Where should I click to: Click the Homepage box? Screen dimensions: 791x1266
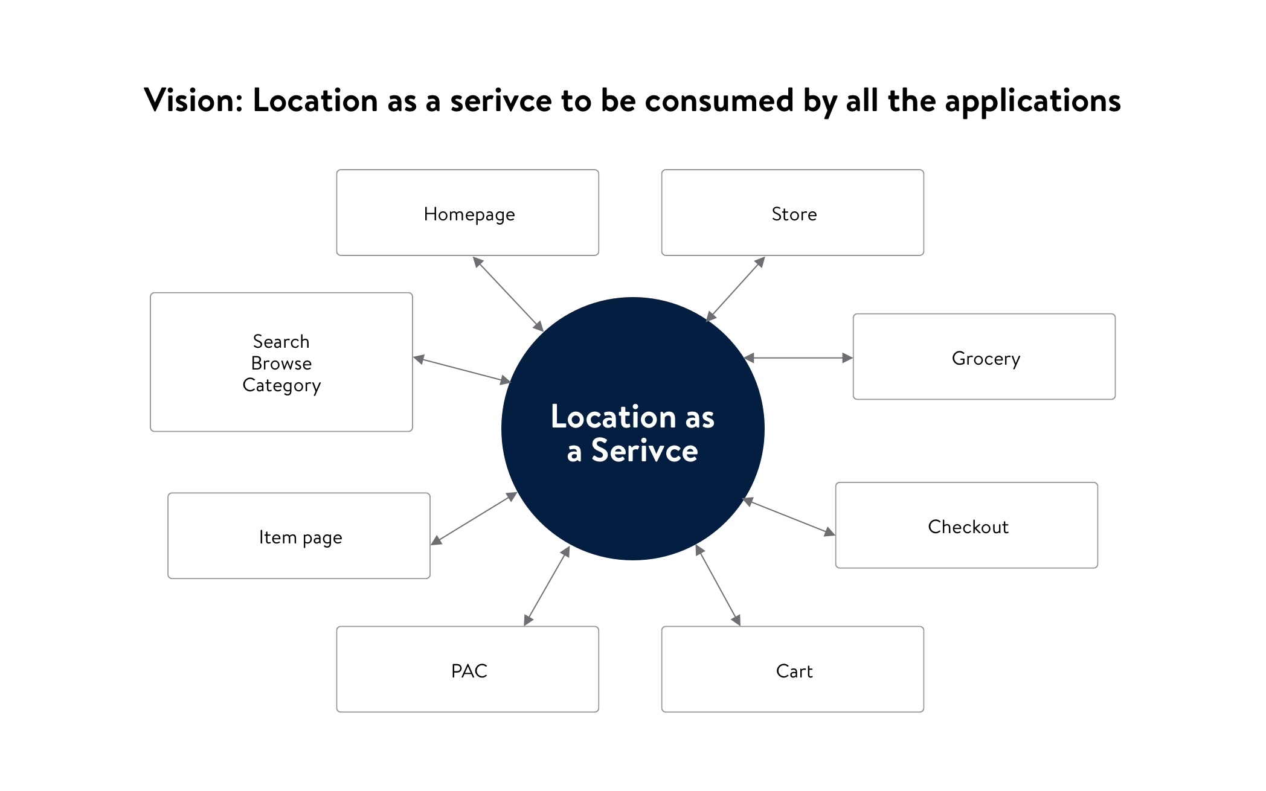tap(468, 213)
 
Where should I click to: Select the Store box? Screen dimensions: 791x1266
tap(792, 213)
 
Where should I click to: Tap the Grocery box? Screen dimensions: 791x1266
tap(984, 357)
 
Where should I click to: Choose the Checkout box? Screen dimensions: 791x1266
tap(966, 525)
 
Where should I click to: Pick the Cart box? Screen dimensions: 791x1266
tap(792, 669)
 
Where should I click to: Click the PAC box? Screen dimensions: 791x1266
tap(468, 669)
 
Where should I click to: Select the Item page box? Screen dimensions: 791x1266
tap(299, 536)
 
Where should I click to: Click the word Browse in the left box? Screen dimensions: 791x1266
tap(281, 363)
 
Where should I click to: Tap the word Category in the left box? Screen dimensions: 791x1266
tap(281, 385)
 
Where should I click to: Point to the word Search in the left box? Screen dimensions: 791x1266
tap(281, 342)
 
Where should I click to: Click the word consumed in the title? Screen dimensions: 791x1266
tap(719, 100)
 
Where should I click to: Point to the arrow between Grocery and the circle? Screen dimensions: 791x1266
tap(798, 358)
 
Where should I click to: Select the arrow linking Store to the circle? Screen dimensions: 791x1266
tap(736, 289)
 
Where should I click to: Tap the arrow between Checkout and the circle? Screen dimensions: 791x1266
tap(789, 517)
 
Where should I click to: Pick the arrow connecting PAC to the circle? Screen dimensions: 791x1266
tap(547, 586)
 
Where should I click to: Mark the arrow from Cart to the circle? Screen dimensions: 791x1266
tap(718, 584)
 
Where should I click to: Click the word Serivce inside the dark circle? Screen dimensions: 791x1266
tap(644, 451)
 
